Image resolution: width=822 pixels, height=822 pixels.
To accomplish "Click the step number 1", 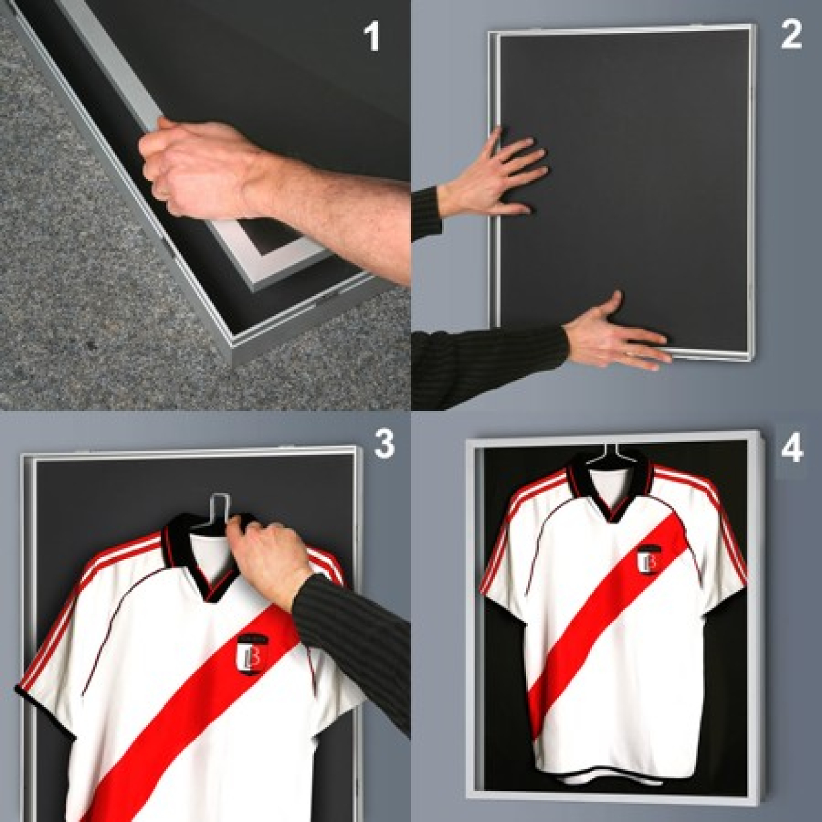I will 372,36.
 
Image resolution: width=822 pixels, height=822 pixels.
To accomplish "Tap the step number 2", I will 791,35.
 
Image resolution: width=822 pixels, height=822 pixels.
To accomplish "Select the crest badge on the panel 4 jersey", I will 649,559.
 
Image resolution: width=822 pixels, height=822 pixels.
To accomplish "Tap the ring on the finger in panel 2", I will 629,353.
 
